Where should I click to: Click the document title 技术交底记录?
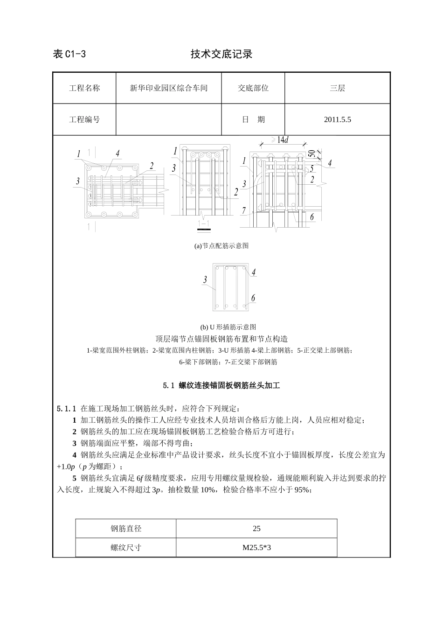[x=221, y=54]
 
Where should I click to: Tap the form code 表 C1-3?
[x=69, y=54]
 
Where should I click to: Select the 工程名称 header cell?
[x=84, y=88]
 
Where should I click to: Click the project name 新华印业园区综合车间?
[x=168, y=88]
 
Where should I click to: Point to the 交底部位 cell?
[x=253, y=88]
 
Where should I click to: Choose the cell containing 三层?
[x=337, y=88]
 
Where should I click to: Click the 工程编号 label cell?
[x=84, y=119]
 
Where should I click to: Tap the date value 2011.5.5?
[x=337, y=119]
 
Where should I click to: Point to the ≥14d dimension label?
[x=280, y=140]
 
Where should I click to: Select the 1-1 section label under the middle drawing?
[x=204, y=223]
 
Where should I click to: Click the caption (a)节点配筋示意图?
[x=221, y=246]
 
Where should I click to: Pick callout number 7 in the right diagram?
[x=243, y=211]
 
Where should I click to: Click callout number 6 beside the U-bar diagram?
[x=253, y=298]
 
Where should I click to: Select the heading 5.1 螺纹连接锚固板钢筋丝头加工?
[x=221, y=386]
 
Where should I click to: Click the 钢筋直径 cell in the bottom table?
[x=126, y=529]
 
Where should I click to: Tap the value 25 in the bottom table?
[x=256, y=529]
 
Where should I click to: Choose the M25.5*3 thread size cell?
[x=256, y=547]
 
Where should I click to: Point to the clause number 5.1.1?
[x=66, y=409]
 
